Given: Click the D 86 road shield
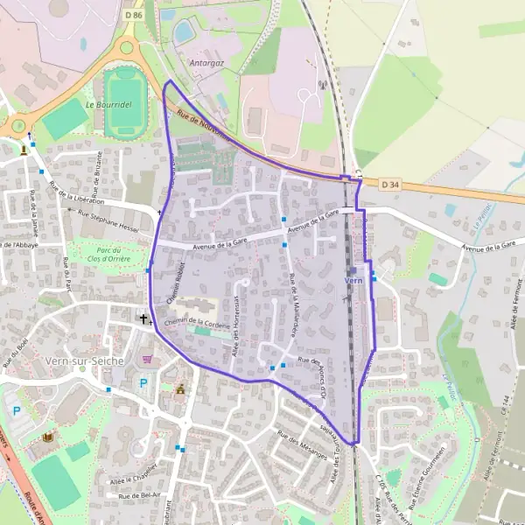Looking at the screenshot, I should point(132,15).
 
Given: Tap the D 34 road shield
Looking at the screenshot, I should point(390,185).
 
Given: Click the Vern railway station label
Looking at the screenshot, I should point(353,280).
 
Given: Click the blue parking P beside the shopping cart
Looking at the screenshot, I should point(143,382).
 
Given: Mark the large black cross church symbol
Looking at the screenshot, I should point(144,318).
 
